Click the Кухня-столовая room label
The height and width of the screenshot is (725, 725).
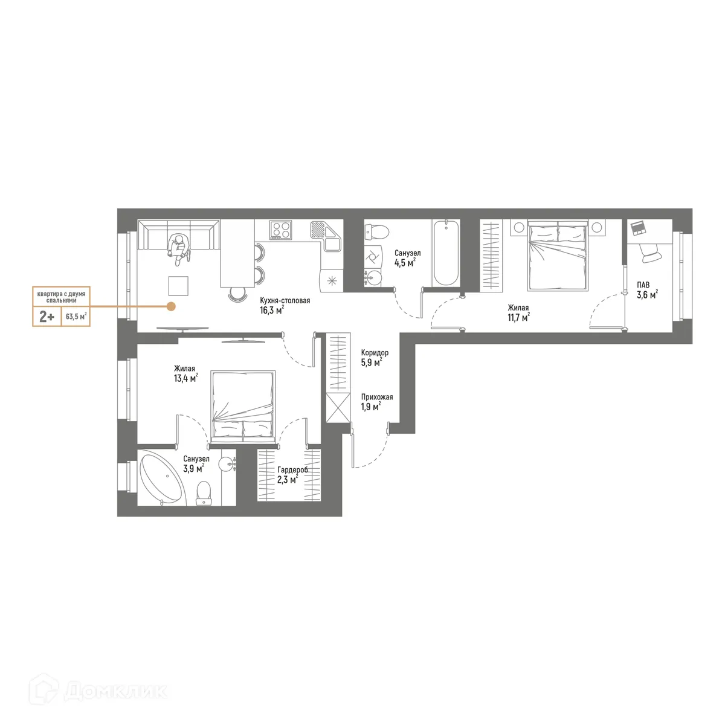click(x=285, y=300)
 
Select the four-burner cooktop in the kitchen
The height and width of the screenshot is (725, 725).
click(x=282, y=230)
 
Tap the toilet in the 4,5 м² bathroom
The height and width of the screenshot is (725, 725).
click(x=377, y=231)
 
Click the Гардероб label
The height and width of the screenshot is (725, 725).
click(x=292, y=469)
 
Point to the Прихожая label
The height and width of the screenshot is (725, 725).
click(x=377, y=397)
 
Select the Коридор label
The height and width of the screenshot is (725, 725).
click(x=375, y=353)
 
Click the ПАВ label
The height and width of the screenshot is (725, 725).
click(x=643, y=285)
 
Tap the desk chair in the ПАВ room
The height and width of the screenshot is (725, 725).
click(x=651, y=253)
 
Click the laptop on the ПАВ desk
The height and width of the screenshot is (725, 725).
click(x=638, y=228)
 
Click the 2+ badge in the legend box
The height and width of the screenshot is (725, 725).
click(x=47, y=316)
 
